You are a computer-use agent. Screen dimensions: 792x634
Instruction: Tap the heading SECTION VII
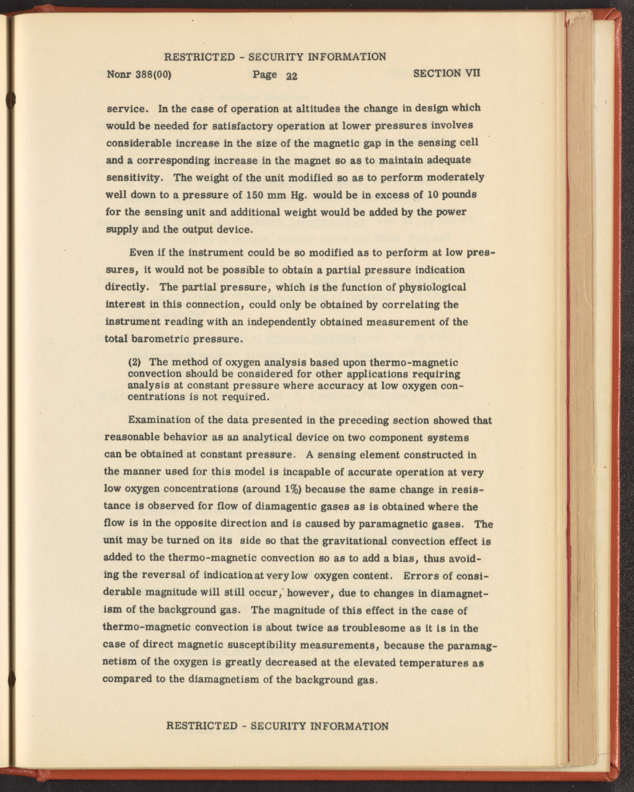pyautogui.click(x=447, y=73)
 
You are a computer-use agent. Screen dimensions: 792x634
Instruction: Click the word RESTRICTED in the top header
pyautogui.click(x=198, y=57)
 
